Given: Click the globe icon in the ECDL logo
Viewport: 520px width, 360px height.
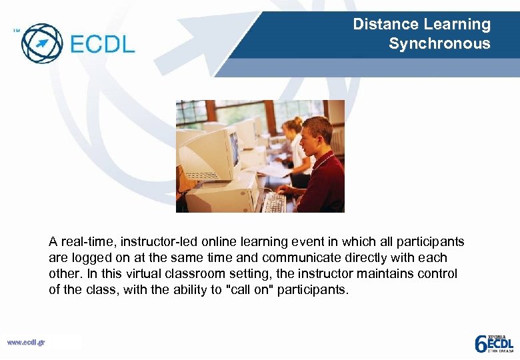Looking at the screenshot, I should [42, 43].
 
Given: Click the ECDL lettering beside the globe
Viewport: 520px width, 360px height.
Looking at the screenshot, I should [102, 44].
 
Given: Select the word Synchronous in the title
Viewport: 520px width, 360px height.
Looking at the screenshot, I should [439, 44].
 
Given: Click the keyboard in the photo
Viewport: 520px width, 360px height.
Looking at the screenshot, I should [274, 202].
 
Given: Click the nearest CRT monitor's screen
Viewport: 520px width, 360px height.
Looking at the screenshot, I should [233, 148].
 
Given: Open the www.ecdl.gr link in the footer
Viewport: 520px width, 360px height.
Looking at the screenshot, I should [26, 343].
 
